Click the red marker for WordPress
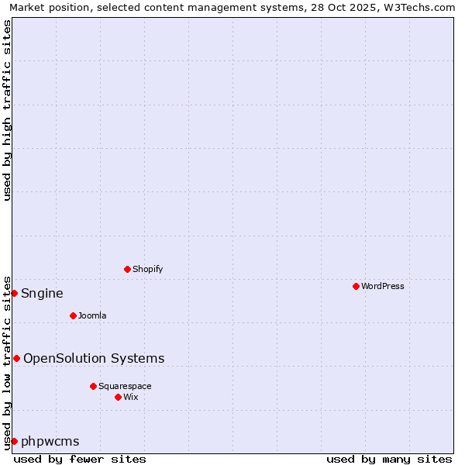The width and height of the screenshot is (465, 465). point(356,286)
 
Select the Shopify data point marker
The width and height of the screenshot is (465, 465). point(127,269)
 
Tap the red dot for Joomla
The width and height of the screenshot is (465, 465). point(73,315)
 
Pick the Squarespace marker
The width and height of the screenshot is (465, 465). point(93,386)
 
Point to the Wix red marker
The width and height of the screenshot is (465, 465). point(118,397)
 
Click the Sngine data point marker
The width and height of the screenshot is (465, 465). point(14,293)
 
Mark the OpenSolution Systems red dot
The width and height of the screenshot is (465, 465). point(16,358)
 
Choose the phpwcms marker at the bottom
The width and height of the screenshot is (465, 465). point(14,441)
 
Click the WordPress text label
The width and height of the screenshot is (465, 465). point(382,286)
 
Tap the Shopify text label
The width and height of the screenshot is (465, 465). point(147,269)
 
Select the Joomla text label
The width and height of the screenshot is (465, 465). point(92,315)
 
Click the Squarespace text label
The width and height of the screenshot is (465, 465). point(125,386)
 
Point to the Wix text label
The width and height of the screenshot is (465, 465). point(130,397)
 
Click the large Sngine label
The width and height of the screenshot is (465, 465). point(42,293)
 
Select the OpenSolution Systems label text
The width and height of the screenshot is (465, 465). point(94,358)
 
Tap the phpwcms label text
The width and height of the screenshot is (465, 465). point(50,441)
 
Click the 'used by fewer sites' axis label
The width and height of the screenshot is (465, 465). point(80,459)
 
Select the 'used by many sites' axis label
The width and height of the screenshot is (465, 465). point(389,459)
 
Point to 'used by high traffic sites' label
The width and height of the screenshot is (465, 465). point(7,110)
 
